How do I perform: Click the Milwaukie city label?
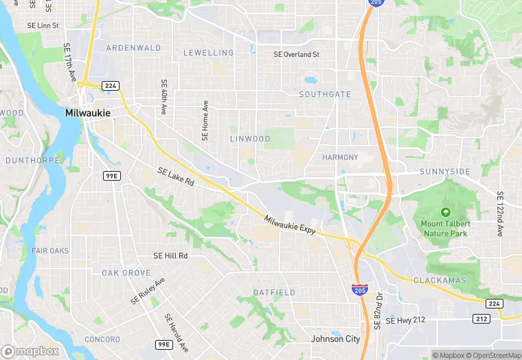point(87,113)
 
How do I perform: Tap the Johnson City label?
point(335,339)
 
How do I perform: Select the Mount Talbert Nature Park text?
point(444,228)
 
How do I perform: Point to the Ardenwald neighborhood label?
point(133,48)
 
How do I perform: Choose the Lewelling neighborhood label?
point(209,53)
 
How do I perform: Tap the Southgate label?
point(325,94)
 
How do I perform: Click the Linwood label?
point(250,139)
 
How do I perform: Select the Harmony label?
point(340,157)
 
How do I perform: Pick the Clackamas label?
point(440,280)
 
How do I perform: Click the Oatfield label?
point(274,293)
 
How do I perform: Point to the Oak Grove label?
point(126,273)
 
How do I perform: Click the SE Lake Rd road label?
point(176,177)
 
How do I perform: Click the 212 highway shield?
point(481,319)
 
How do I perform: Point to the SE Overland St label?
point(297,54)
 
